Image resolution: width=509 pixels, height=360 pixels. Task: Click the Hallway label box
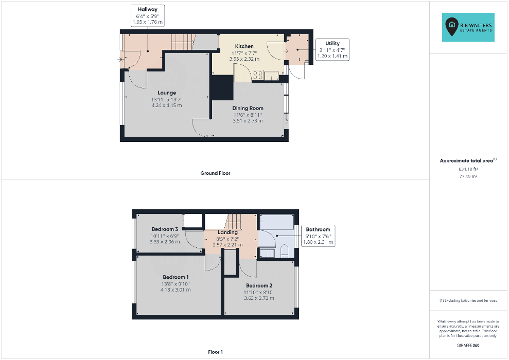(x=148, y=15)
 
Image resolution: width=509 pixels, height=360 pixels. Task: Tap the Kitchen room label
(x=244, y=46)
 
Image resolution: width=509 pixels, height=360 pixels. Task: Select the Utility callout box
(x=332, y=49)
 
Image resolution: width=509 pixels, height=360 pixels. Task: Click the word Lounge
(x=167, y=93)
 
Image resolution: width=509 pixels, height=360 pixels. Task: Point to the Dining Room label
(x=248, y=109)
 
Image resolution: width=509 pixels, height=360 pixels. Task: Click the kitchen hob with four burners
(x=258, y=75)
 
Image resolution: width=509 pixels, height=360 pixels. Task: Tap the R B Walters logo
(x=468, y=27)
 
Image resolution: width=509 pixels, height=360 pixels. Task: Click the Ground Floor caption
(x=215, y=173)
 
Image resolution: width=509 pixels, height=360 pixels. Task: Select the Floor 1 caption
(x=215, y=352)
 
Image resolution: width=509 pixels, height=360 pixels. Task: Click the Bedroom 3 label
(x=165, y=229)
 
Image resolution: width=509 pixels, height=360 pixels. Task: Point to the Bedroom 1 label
(x=175, y=277)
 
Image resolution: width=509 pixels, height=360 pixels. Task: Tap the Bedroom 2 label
(x=259, y=286)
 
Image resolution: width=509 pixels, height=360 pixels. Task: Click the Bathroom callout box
(x=318, y=236)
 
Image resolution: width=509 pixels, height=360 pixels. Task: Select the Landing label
(x=227, y=232)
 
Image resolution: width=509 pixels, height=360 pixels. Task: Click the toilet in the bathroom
(x=284, y=251)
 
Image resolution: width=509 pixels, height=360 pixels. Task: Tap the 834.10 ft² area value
(x=468, y=169)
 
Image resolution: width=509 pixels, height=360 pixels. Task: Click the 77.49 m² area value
(x=468, y=176)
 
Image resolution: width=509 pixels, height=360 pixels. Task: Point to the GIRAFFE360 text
(x=468, y=346)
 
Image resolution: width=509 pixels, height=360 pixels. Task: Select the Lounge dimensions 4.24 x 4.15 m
(x=167, y=105)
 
